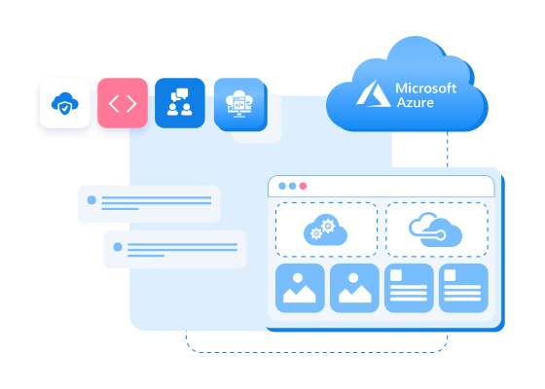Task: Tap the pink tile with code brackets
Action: (x=123, y=103)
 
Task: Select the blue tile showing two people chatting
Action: (x=180, y=103)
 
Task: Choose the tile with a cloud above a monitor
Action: (x=238, y=103)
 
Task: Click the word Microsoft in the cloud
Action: (x=425, y=88)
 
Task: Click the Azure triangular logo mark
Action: (x=374, y=94)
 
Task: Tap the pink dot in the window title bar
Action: (x=303, y=186)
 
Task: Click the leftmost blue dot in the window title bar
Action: (x=282, y=186)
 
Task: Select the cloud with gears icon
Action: (x=325, y=230)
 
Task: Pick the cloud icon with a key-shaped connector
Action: (x=436, y=230)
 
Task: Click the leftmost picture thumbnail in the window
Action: (x=300, y=288)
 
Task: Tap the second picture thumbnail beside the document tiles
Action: (x=354, y=288)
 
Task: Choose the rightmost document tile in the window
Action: (x=463, y=288)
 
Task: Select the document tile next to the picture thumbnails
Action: (x=409, y=288)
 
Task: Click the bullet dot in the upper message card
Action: (x=92, y=200)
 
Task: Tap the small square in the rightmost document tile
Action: (x=451, y=276)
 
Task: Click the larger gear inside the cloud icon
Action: (x=328, y=226)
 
